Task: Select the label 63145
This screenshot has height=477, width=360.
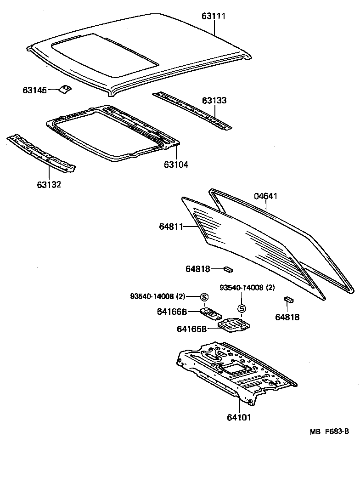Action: coord(34,90)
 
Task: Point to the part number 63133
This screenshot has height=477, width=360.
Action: coord(214,100)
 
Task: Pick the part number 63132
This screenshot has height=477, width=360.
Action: coord(49,185)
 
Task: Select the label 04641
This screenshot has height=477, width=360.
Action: coord(266,196)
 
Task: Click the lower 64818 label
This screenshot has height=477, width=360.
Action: coord(287,317)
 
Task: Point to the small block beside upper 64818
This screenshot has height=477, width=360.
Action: coord(228,268)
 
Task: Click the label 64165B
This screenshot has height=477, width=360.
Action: coord(192,329)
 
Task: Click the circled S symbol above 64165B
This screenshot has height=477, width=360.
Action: coord(242,308)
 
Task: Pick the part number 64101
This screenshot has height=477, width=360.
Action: coord(239,417)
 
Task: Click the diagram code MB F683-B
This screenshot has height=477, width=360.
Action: coord(329,432)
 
